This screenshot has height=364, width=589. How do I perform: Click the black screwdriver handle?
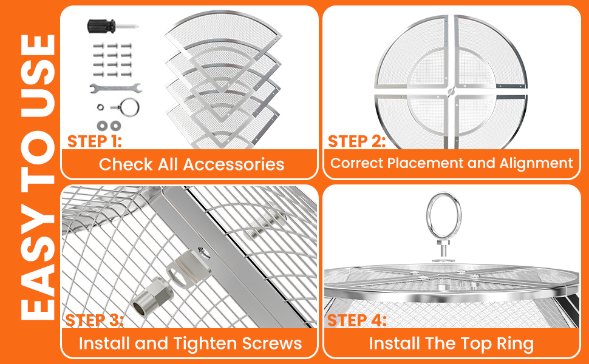(101, 26)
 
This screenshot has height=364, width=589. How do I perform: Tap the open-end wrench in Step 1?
(115, 88)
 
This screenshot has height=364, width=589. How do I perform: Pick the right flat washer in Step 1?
(115, 126)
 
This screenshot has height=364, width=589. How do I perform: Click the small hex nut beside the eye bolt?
(100, 107)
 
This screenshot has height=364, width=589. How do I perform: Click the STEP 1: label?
(95, 141)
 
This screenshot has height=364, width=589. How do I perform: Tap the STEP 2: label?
(357, 141)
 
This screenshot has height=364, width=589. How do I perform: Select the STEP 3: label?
(94, 320)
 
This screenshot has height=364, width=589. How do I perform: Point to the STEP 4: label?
(357, 320)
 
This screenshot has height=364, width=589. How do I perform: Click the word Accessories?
(233, 164)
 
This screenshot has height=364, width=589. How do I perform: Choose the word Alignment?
(536, 163)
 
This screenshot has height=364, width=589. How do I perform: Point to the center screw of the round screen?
(451, 90)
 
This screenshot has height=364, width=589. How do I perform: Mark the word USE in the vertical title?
(38, 76)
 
